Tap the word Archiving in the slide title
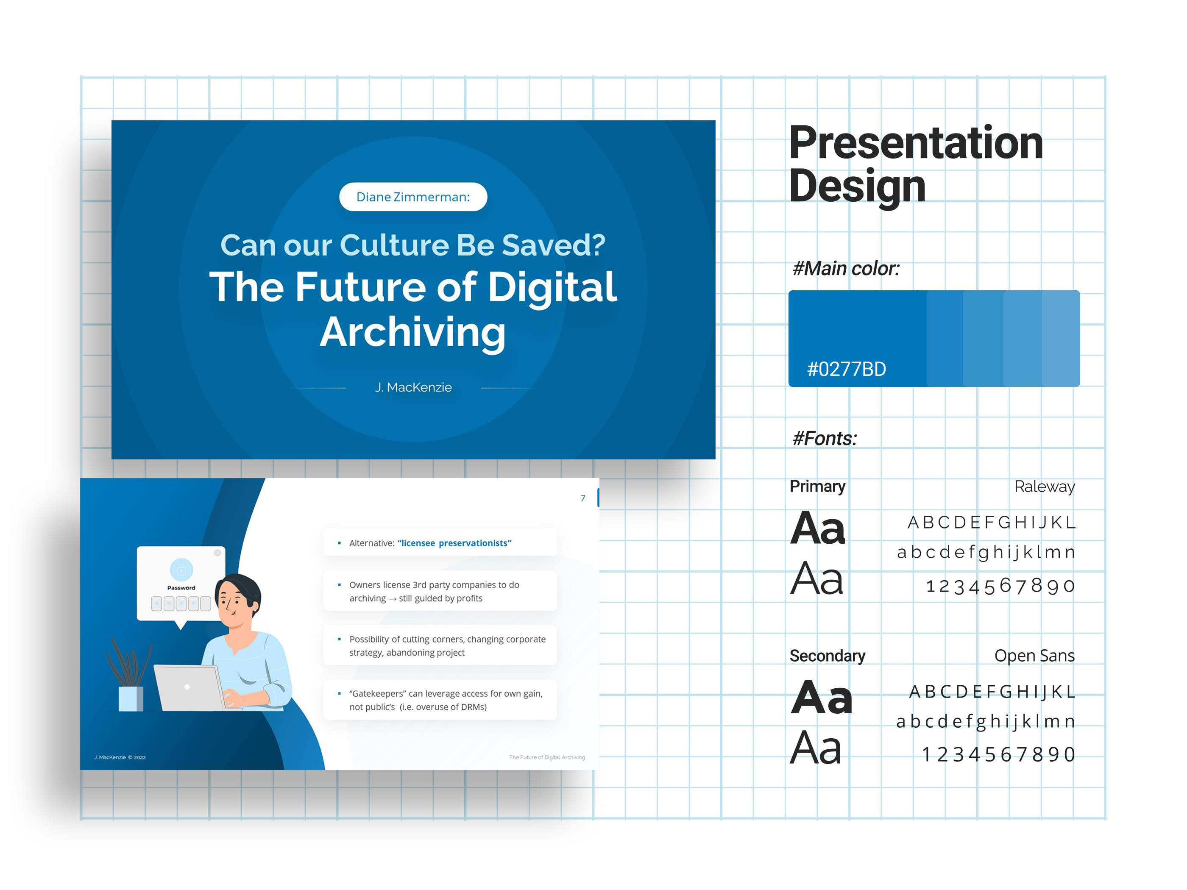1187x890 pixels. tap(412, 333)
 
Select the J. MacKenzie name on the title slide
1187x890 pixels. tap(413, 387)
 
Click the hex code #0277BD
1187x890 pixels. tap(846, 369)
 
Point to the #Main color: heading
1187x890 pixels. tap(846, 268)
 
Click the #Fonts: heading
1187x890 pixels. tap(825, 438)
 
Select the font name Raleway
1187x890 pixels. tap(1044, 487)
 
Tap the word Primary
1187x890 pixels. tap(817, 486)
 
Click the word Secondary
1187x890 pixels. tap(827, 656)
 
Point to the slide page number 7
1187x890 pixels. tap(583, 498)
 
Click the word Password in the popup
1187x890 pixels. tap(181, 587)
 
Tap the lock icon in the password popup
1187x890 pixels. tap(181, 570)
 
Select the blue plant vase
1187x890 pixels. tap(131, 699)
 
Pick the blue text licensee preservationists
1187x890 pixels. tap(454, 543)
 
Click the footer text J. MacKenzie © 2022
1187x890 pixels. tap(120, 757)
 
